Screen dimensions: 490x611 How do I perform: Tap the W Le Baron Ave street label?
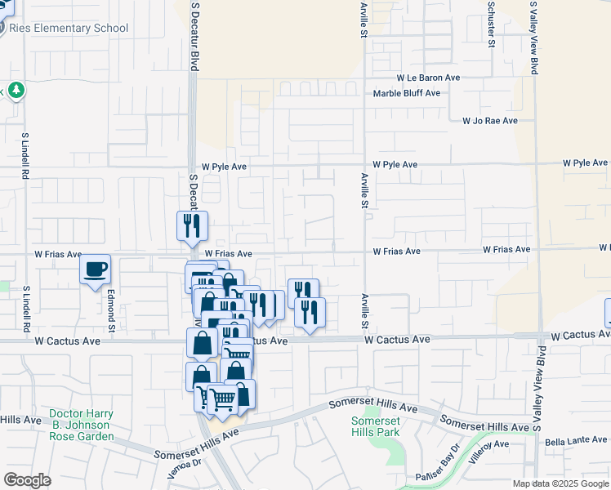tap(429, 78)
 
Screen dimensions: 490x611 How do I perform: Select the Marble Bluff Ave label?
tap(407, 93)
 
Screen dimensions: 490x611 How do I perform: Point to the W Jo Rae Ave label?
tap(489, 121)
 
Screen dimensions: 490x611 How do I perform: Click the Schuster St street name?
tap(492, 24)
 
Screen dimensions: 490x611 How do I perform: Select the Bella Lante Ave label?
tap(576, 441)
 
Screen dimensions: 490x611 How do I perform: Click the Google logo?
tap(28, 480)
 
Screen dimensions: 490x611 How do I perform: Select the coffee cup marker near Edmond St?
tap(96, 269)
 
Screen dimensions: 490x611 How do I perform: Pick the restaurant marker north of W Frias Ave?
tap(192, 226)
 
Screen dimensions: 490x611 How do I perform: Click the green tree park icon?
tap(16, 89)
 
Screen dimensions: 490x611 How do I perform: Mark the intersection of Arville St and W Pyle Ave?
tap(364, 164)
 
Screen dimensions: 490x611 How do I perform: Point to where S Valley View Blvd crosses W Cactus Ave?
tap(537, 336)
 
